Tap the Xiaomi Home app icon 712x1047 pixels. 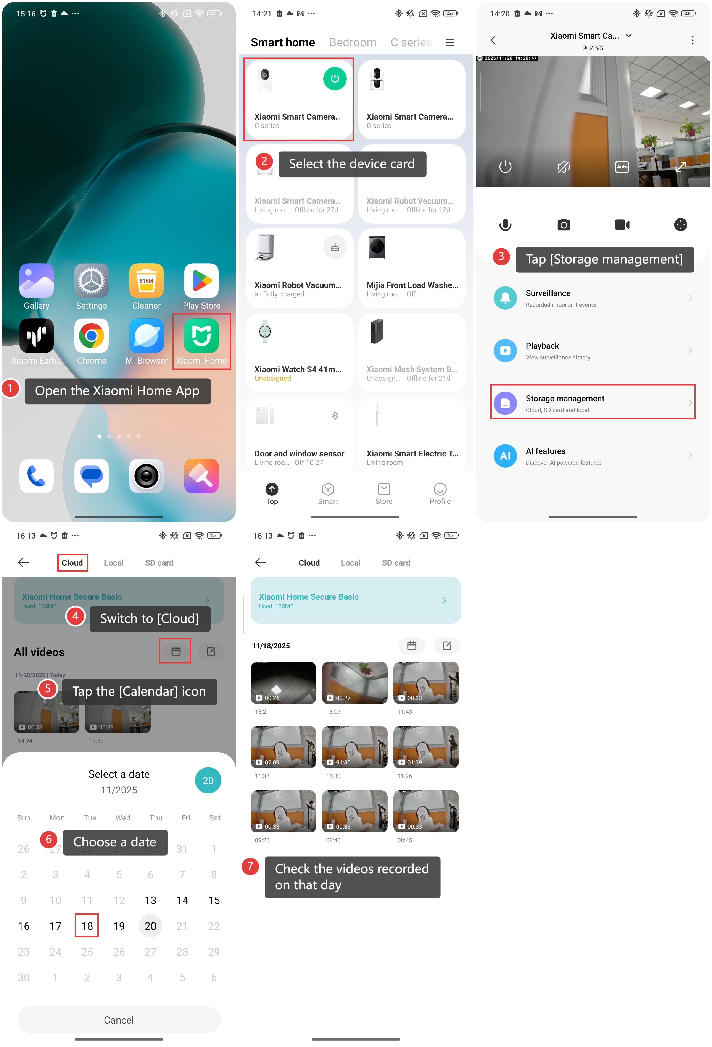coord(201,336)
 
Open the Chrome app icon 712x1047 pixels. coord(91,336)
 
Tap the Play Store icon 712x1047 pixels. coord(201,281)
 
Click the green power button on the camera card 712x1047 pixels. coord(335,78)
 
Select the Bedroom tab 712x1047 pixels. coord(353,42)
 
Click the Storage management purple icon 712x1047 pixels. coord(505,403)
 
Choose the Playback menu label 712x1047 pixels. coord(542,346)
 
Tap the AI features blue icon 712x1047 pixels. coord(505,455)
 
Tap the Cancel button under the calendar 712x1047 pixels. coord(119,1019)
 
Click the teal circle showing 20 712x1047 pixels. coord(208,780)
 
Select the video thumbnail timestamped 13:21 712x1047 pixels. coord(283,683)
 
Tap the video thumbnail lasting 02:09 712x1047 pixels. coord(283,747)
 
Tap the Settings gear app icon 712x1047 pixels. coord(91,281)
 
